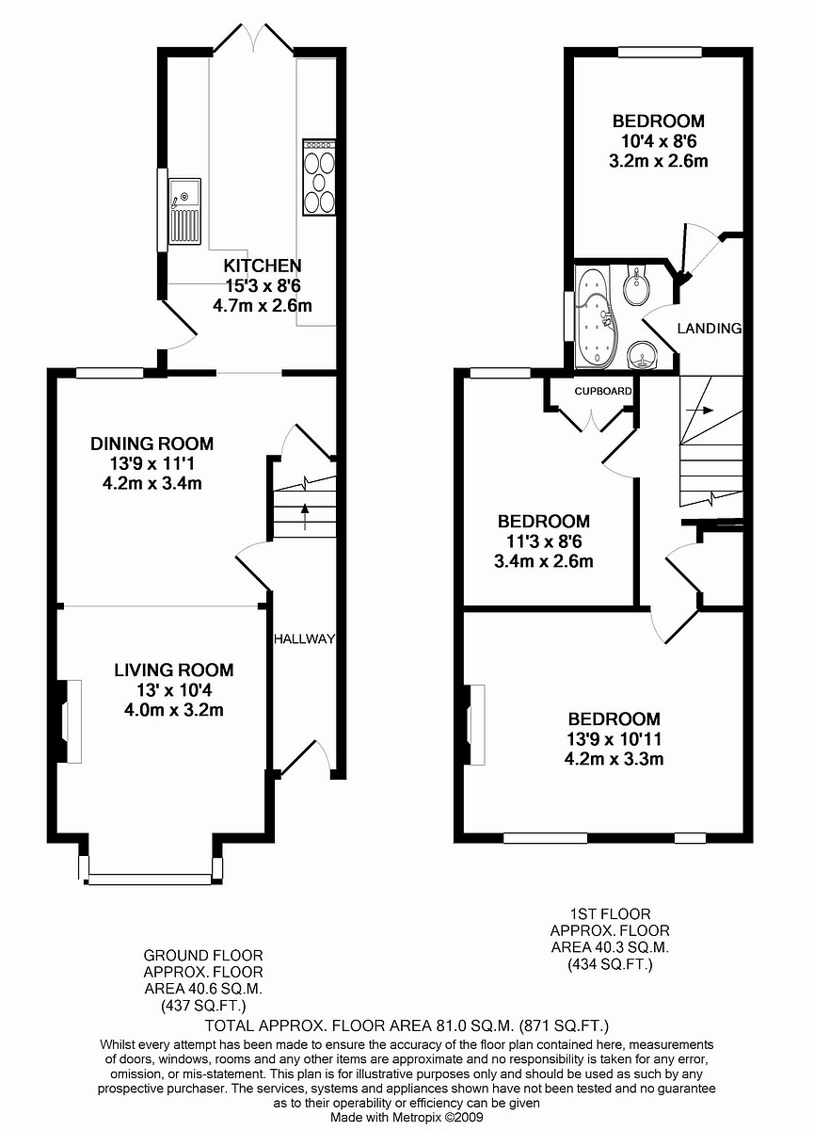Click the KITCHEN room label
(x=263, y=266)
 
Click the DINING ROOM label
(x=152, y=444)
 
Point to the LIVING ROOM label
(x=174, y=670)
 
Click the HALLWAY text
(x=304, y=639)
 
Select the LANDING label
(x=710, y=329)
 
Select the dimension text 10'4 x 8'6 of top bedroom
(x=658, y=141)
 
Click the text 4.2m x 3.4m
(x=152, y=484)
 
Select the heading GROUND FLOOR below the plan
(x=202, y=955)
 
